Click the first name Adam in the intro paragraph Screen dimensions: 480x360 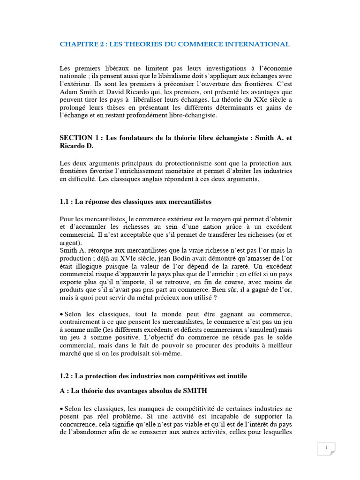pos(69,93)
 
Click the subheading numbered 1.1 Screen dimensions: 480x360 pos(136,202)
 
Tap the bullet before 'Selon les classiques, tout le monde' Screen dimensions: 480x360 pos(62,313)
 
